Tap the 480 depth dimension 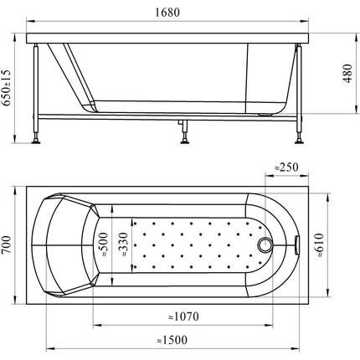point(347,75)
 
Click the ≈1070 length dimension point(181,317)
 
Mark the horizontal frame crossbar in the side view point(167,115)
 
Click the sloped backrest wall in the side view point(71,75)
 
